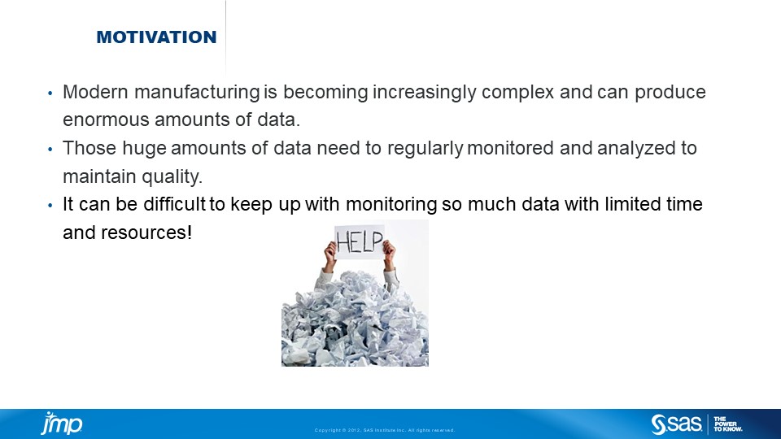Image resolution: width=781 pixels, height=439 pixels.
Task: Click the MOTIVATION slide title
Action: [156, 37]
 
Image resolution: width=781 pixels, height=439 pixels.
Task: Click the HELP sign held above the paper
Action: [359, 241]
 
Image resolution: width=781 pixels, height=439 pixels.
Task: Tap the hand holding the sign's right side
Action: [390, 254]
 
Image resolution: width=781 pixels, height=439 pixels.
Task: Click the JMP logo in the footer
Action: [62, 424]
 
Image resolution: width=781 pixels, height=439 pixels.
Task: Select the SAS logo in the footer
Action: [676, 424]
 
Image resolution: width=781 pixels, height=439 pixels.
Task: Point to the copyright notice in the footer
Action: [384, 430]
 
